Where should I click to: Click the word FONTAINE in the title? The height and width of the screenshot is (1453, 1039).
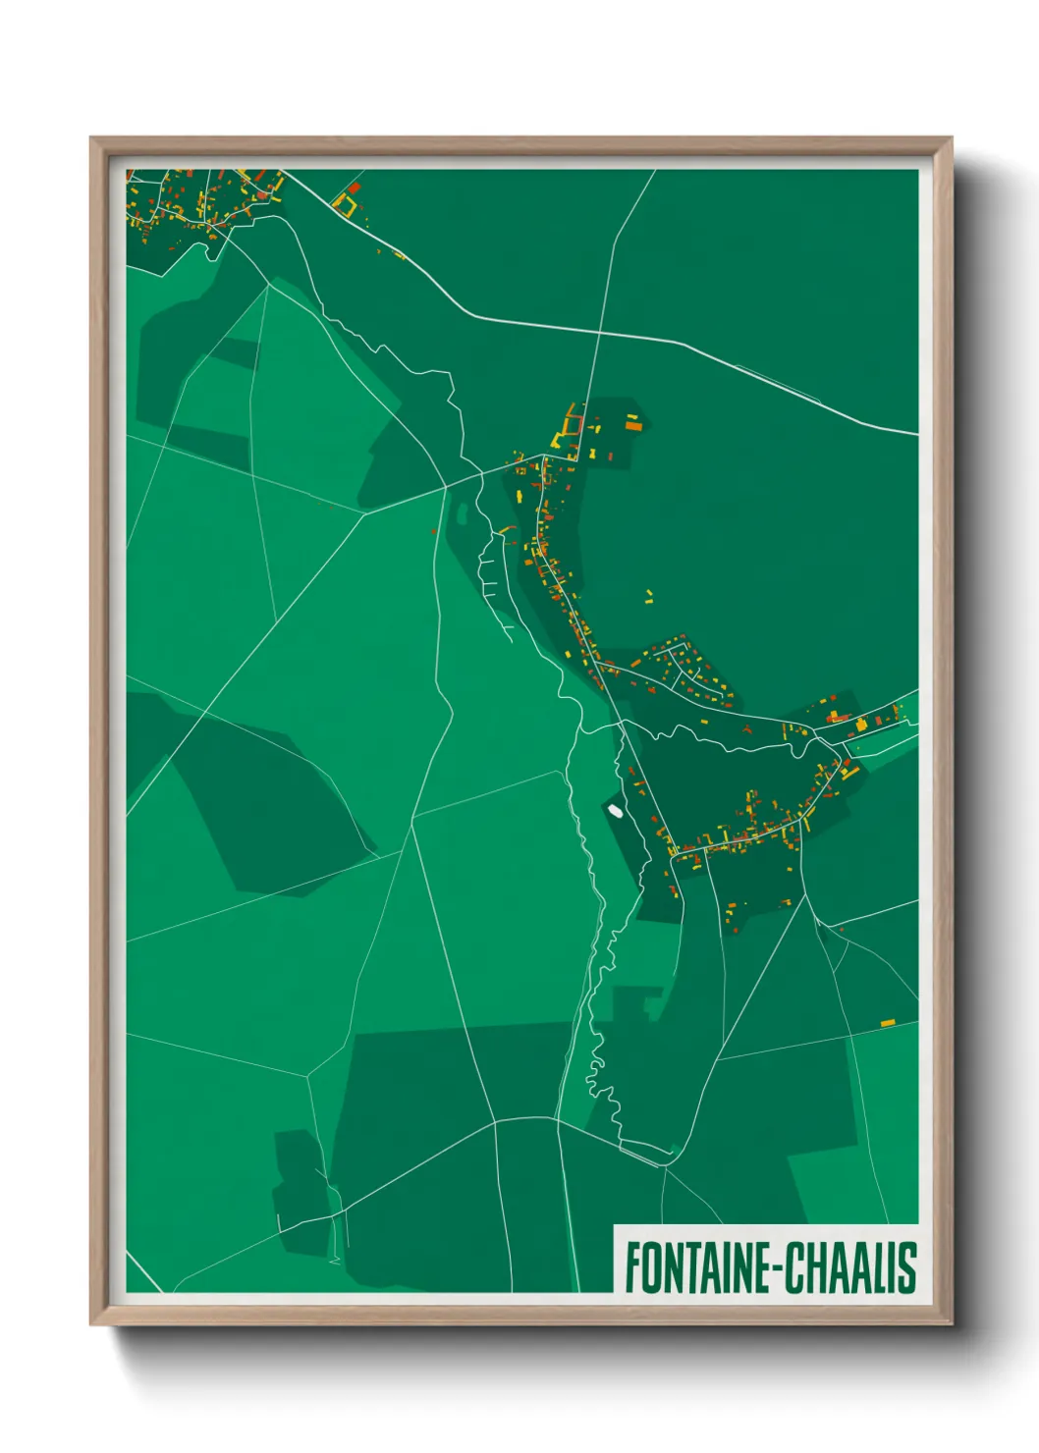(698, 1268)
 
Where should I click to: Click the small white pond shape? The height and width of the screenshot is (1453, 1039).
(615, 811)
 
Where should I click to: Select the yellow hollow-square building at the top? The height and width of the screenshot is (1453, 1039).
(344, 205)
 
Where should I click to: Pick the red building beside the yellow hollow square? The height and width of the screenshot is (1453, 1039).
(354, 187)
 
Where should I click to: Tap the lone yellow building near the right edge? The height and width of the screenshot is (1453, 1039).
(888, 1023)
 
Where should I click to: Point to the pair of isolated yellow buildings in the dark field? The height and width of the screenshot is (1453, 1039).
(648, 596)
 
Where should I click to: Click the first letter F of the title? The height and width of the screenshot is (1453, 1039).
(631, 1268)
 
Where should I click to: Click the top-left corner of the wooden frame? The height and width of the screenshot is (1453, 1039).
(92, 139)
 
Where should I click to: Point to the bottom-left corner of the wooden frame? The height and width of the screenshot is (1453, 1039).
(92, 1322)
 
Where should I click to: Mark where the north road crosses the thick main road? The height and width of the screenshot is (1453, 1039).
(598, 332)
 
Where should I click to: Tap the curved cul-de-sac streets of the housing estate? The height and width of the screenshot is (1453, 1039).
(687, 668)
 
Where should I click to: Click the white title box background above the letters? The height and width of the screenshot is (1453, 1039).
(766, 1232)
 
